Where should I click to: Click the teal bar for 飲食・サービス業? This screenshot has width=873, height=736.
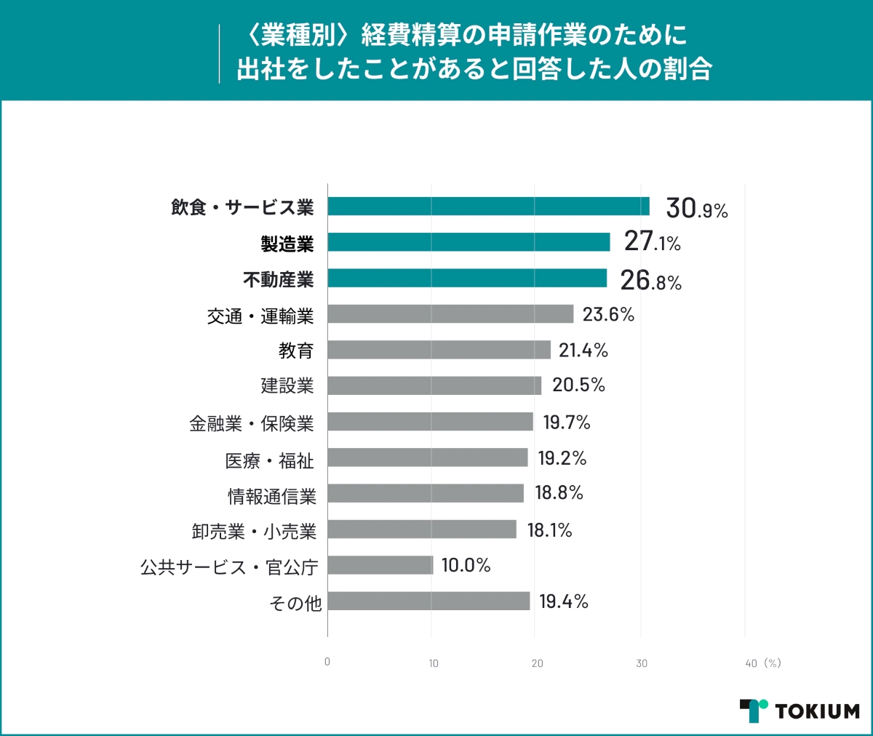pyautogui.click(x=488, y=207)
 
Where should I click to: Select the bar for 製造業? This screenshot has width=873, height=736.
pyautogui.click(x=469, y=242)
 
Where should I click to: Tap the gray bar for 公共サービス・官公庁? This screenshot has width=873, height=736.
pyautogui.click(x=380, y=565)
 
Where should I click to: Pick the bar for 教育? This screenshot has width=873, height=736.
pyautogui.click(x=439, y=350)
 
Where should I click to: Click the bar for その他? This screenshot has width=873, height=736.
pyautogui.click(x=428, y=601)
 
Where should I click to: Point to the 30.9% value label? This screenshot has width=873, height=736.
pyautogui.click(x=696, y=209)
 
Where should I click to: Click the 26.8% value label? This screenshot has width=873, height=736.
pyautogui.click(x=650, y=281)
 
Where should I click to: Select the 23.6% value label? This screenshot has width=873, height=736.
pyautogui.click(x=608, y=314)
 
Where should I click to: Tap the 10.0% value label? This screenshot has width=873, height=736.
pyautogui.click(x=466, y=565)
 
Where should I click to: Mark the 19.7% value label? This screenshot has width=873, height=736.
pyautogui.click(x=567, y=422)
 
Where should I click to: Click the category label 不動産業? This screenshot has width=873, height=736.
pyautogui.click(x=279, y=279)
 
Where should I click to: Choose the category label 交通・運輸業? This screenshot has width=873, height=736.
pyautogui.click(x=260, y=316)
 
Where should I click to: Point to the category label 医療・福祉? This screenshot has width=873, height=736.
pyautogui.click(x=269, y=460)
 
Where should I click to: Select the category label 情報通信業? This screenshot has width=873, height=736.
pyautogui.click(x=272, y=496)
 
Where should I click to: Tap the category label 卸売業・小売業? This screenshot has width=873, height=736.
pyautogui.click(x=254, y=532)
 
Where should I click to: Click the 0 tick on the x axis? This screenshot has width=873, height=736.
pyautogui.click(x=327, y=662)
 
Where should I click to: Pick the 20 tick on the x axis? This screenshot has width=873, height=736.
pyautogui.click(x=537, y=663)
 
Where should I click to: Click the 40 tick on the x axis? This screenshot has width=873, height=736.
pyautogui.click(x=751, y=663)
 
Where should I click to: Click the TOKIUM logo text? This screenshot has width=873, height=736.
pyautogui.click(x=817, y=711)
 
